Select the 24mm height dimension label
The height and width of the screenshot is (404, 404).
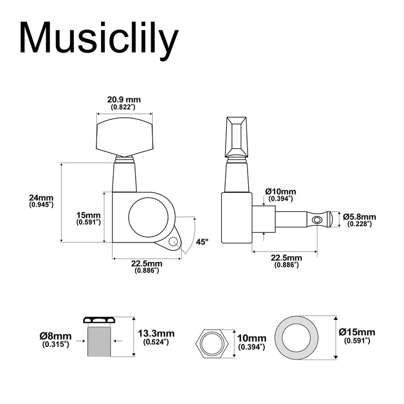pyautogui.click(x=41, y=201)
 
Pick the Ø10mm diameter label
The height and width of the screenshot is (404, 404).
pyautogui.click(x=280, y=194)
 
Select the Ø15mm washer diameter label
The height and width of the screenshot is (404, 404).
pyautogui.click(x=357, y=336)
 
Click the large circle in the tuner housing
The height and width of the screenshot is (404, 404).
pyautogui.click(x=150, y=217)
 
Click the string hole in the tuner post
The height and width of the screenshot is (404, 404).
pyautogui.click(x=315, y=219)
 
